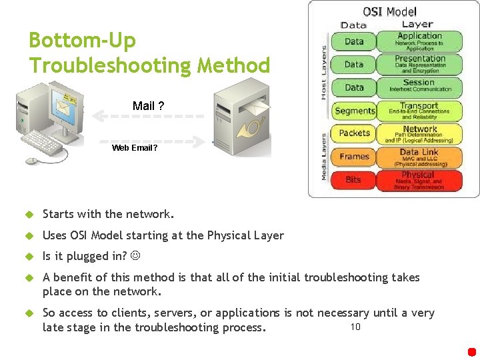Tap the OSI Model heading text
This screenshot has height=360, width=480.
[x=389, y=11]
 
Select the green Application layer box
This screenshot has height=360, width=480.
[x=419, y=41]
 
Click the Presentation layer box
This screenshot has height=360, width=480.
[x=419, y=64]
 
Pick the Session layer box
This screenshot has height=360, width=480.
[x=419, y=87]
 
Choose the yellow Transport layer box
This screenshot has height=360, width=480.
[x=419, y=111]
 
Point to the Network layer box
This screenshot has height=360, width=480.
[x=419, y=134]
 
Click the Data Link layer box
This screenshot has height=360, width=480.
[x=419, y=157]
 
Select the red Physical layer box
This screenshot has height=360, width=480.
[x=419, y=180]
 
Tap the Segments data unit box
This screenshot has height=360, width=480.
[x=354, y=111]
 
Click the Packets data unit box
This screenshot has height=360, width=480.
[x=354, y=133]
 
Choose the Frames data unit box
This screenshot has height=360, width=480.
[x=354, y=157]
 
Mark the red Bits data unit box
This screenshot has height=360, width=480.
[x=354, y=180]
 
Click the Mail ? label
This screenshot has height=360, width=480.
[x=149, y=106]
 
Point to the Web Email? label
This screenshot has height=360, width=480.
[x=135, y=148]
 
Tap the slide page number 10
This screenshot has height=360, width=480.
[x=355, y=327]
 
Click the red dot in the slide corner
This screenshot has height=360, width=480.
[x=472, y=351]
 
